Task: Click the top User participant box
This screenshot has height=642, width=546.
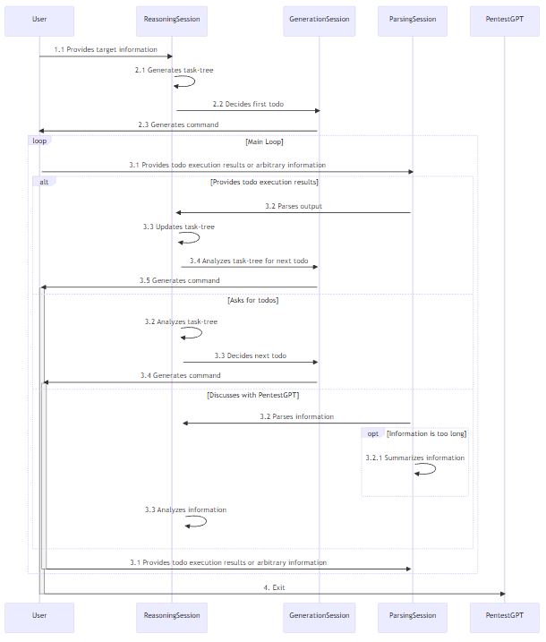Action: pyautogui.click(x=39, y=19)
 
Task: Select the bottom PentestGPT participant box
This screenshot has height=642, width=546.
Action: pyautogui.click(x=505, y=616)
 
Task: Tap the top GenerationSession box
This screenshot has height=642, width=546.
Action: pyautogui.click(x=320, y=19)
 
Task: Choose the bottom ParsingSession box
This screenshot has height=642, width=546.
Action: pyautogui.click(x=413, y=616)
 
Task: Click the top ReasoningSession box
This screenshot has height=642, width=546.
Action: pyautogui.click(x=172, y=19)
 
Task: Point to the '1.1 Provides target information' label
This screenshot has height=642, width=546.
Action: pyautogui.click(x=106, y=49)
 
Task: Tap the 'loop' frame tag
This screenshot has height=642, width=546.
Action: pyautogui.click(x=39, y=141)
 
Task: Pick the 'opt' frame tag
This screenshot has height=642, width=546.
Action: pyautogui.click(x=372, y=433)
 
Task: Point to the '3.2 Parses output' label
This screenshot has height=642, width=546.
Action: pyautogui.click(x=294, y=206)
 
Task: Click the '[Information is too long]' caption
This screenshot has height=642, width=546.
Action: pyautogui.click(x=426, y=433)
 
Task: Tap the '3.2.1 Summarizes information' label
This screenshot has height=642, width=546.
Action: pyautogui.click(x=414, y=458)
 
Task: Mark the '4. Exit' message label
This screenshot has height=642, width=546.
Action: pyautogui.click(x=274, y=587)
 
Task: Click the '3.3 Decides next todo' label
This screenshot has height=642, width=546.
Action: pyautogui.click(x=251, y=355)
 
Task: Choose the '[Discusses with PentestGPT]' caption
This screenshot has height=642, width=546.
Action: pyautogui.click(x=253, y=395)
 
